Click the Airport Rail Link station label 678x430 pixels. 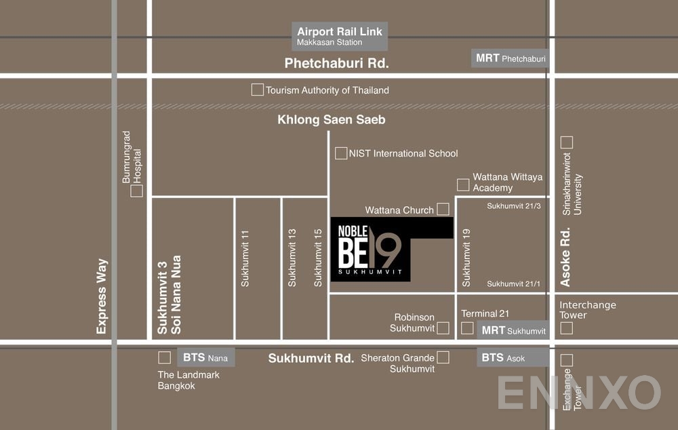click(x=340, y=37)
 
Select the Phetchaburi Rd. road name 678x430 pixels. click(x=336, y=64)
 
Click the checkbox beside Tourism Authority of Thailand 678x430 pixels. click(x=257, y=90)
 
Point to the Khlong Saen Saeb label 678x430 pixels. click(x=332, y=120)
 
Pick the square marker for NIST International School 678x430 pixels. click(x=341, y=153)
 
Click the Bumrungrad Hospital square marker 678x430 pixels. click(x=137, y=191)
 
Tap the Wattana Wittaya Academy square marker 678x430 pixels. click(x=463, y=184)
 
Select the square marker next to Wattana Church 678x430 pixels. click(x=443, y=209)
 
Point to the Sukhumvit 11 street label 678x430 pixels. click(x=245, y=258)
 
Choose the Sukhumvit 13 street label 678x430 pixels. click(x=292, y=258)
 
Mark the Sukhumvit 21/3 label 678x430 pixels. click(x=513, y=206)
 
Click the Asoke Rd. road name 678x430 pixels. click(x=565, y=256)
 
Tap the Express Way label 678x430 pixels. click(x=102, y=296)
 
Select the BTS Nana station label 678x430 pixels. click(x=205, y=357)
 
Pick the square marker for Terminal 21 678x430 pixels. click(x=467, y=328)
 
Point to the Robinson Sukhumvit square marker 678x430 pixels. click(x=443, y=328)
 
